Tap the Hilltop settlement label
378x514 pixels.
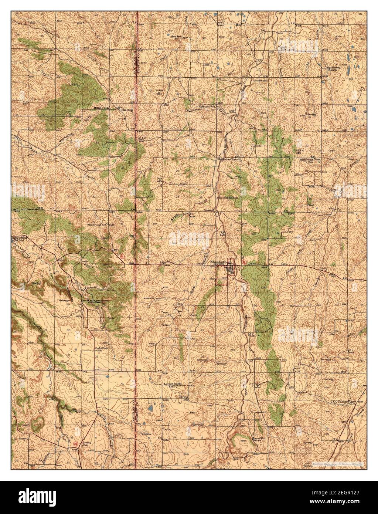tap(122, 109)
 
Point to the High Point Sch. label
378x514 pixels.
tap(309, 160)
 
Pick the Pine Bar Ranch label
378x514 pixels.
tap(227, 198)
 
